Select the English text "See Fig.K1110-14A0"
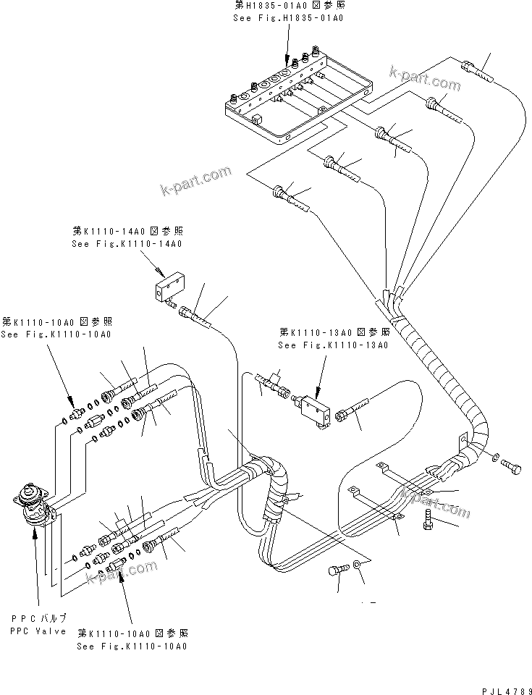pos(127,244)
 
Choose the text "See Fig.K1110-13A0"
pos(334,345)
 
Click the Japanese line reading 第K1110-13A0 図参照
pos(334,332)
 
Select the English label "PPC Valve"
pos(38,631)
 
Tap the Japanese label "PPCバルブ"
pos(38,618)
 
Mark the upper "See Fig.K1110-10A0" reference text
pos(56,334)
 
